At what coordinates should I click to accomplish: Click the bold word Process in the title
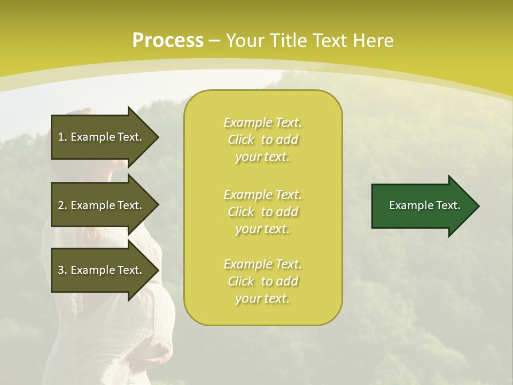(x=168, y=41)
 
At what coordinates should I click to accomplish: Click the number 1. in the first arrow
(x=63, y=137)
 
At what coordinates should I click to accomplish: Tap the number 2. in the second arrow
(x=63, y=205)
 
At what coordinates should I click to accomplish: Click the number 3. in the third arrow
(x=63, y=270)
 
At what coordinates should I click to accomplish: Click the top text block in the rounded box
(x=262, y=140)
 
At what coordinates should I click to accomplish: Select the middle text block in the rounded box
(x=262, y=211)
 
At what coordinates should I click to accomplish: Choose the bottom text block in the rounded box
(x=262, y=281)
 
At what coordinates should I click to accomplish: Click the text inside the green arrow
(x=425, y=205)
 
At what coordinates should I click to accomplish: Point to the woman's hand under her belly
(x=158, y=353)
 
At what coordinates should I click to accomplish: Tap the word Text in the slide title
(x=329, y=41)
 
